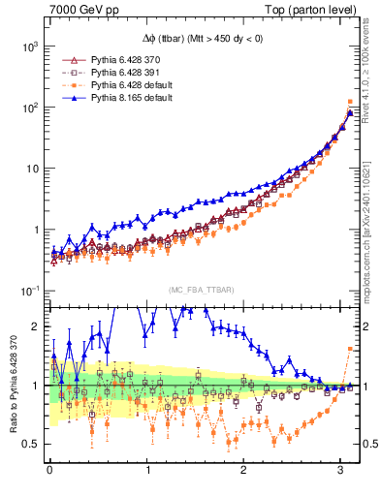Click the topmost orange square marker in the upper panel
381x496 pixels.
[349, 102]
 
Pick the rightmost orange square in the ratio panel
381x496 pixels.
[349, 349]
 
